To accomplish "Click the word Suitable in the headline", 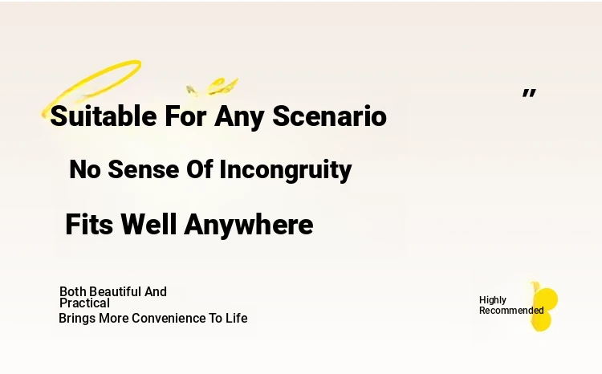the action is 104,116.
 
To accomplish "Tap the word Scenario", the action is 329,116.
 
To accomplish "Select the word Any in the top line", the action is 239,117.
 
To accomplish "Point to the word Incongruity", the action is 286,169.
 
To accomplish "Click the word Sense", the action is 144,169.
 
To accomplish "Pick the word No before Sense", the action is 85,169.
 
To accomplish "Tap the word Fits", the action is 89,224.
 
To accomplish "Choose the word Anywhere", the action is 249,226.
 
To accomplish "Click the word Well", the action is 148,224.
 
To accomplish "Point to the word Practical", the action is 84,303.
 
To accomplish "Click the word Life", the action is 237,319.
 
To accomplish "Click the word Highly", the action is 493,300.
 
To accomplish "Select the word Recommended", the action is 511,311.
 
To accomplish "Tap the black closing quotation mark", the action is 529,93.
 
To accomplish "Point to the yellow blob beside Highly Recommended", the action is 544,307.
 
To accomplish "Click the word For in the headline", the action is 186,116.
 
